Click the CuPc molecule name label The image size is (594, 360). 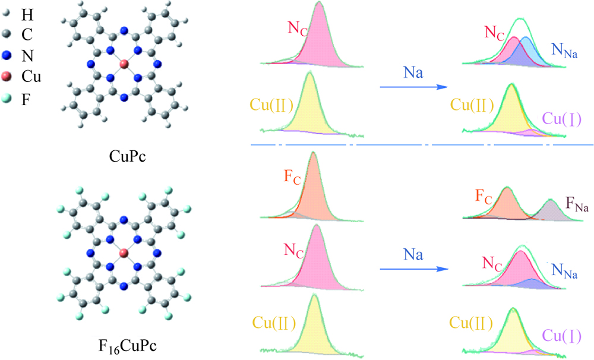pyautogui.click(x=127, y=156)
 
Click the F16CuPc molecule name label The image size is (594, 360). pyautogui.click(x=127, y=346)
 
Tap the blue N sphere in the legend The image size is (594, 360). pyautogui.click(x=7, y=56)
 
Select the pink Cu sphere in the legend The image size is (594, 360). pyautogui.click(x=7, y=77)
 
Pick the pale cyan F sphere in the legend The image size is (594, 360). pyautogui.click(x=7, y=99)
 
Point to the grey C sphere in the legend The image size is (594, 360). pyautogui.click(x=7, y=34)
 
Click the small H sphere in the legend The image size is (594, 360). pyautogui.click(x=6, y=14)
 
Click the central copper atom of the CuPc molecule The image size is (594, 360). pyautogui.click(x=124, y=64)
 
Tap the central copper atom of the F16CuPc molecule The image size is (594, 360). pyautogui.click(x=124, y=253)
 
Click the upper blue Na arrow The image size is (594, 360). pyautogui.click(x=413, y=87)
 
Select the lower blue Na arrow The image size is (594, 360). pyautogui.click(x=413, y=269)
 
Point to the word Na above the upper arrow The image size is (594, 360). pyautogui.click(x=413, y=72)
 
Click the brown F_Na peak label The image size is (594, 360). pyautogui.click(x=577, y=204)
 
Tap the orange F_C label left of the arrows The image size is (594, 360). pyautogui.click(x=292, y=178)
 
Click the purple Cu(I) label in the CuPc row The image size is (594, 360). pyautogui.click(x=562, y=119)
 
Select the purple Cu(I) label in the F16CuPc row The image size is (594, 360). pyautogui.click(x=562, y=336)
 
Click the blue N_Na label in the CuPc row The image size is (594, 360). pyautogui.click(x=564, y=50)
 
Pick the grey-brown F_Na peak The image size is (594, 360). pyautogui.click(x=551, y=211)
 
